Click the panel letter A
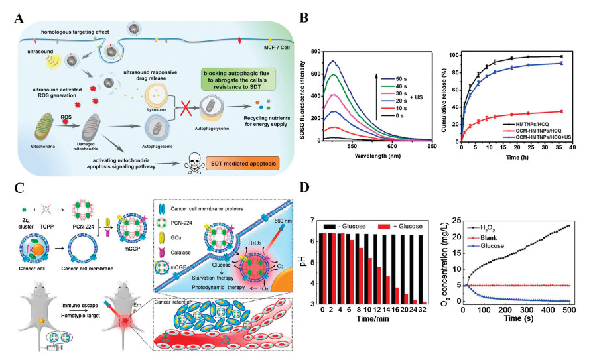point(13,15)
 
